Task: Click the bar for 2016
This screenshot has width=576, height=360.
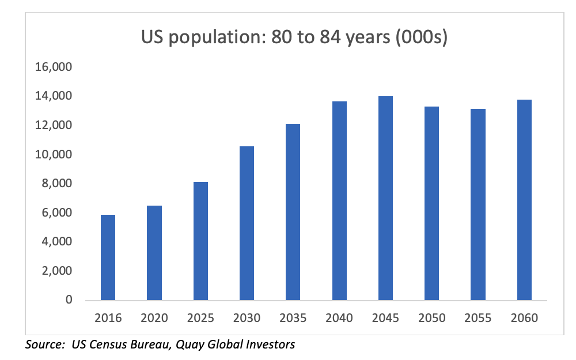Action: [108, 257]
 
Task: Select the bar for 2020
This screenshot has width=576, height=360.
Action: [154, 253]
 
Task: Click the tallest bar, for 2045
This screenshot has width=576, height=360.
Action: [385, 198]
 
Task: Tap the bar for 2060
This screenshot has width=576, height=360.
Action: [524, 200]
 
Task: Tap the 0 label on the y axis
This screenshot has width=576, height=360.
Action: [69, 300]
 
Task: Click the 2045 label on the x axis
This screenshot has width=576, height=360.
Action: [385, 318]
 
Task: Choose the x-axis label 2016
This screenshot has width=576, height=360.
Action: [108, 318]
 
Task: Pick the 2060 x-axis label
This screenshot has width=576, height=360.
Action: [524, 318]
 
